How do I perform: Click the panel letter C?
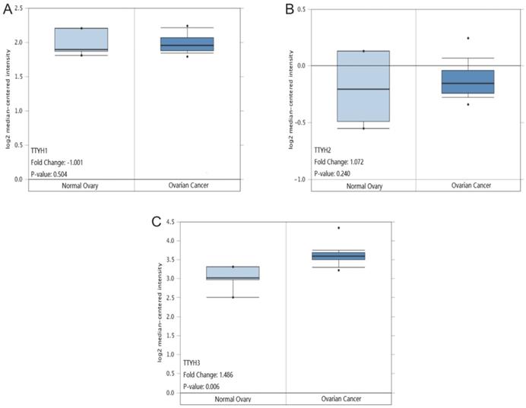(157, 221)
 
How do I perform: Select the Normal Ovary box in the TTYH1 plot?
(81, 40)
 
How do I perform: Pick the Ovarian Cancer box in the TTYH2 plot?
(468, 81)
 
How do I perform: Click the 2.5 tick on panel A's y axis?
(17, 8)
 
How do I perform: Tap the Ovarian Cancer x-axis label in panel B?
(469, 187)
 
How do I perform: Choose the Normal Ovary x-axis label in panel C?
(232, 399)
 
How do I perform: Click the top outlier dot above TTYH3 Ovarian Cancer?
(339, 228)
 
